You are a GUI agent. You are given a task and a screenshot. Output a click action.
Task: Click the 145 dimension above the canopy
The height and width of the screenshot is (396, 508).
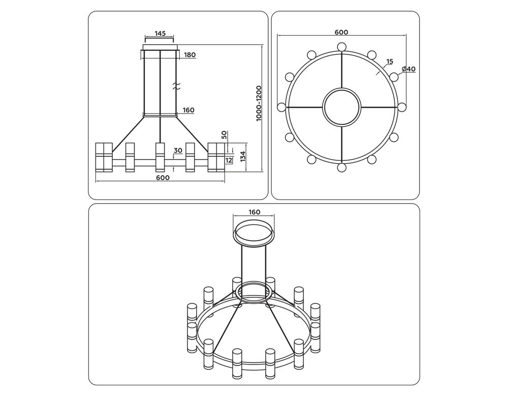(160, 34)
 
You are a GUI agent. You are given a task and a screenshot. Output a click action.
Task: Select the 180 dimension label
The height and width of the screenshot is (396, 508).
(190, 55)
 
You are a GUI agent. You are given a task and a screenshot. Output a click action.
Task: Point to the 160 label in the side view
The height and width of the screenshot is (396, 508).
(188, 110)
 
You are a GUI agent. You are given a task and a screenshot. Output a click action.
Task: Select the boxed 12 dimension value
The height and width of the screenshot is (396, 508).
(229, 160)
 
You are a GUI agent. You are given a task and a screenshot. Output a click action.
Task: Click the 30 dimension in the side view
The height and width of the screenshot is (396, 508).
(178, 151)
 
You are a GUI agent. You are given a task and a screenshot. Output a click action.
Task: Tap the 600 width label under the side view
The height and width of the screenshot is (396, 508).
(162, 178)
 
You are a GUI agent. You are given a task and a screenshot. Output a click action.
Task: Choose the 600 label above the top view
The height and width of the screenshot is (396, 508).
(341, 32)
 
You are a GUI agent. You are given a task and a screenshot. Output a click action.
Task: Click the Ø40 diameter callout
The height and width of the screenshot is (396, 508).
(408, 69)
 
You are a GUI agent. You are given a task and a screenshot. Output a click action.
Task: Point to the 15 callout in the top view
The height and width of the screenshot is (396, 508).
(390, 62)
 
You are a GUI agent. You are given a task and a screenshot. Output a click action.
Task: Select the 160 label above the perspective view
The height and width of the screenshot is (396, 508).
(254, 212)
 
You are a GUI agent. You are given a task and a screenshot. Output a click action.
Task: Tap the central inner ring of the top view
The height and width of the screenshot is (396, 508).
(342, 107)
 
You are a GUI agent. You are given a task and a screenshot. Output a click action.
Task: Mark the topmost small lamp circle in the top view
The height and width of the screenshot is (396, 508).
(342, 47)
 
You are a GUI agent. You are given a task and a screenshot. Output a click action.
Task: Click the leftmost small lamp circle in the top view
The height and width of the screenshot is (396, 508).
(281, 107)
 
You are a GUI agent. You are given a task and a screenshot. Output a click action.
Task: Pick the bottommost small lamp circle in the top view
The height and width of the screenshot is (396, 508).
(342, 167)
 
